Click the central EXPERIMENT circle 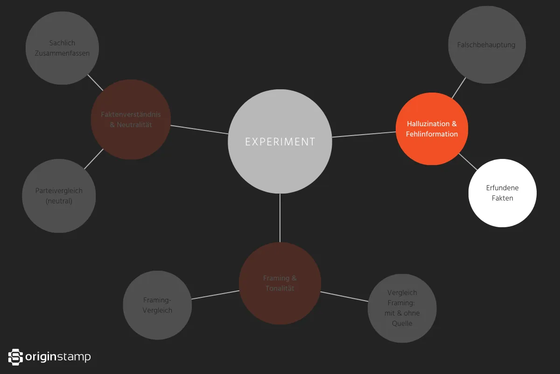click(280, 141)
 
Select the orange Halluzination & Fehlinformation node click(432, 129)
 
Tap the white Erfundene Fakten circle click(502, 193)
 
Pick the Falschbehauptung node click(486, 45)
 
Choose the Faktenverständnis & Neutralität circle click(131, 120)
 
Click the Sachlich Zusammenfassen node click(62, 48)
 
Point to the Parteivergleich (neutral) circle click(59, 196)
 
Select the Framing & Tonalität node click(280, 283)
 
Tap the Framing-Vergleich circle click(157, 305)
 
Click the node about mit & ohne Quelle click(402, 308)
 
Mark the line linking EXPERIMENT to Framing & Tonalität click(280, 217)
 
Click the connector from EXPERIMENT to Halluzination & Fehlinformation click(364, 135)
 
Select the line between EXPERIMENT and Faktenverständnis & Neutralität click(199, 129)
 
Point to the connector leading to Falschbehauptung click(459, 88)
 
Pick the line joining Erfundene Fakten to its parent click(468, 161)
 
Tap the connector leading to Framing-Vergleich click(215, 295)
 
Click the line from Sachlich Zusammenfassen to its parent click(95, 83)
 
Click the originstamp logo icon click(15, 357)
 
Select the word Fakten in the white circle click(502, 198)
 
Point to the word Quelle click(402, 323)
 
